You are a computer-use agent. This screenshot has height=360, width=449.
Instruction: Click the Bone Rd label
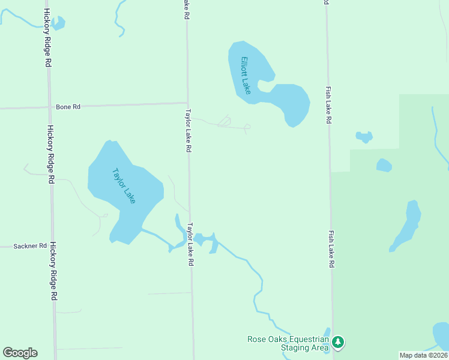[68, 107]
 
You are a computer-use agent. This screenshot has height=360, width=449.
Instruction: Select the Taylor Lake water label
[124, 185]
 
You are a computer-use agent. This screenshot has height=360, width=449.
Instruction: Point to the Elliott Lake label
[246, 75]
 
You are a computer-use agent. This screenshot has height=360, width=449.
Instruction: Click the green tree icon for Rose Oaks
[338, 342]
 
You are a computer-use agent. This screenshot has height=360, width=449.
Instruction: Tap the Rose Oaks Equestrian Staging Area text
[289, 343]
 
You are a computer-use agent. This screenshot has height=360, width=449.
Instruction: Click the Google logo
[20, 353]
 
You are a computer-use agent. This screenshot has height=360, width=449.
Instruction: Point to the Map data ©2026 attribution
[423, 355]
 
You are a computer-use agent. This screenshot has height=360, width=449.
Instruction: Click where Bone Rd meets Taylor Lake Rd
[187, 103]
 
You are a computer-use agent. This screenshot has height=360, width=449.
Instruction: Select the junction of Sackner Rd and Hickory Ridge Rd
[52, 246]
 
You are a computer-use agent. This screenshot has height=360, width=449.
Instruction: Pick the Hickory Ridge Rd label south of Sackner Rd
[53, 271]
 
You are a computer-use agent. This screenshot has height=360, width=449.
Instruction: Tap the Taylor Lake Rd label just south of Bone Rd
[188, 130]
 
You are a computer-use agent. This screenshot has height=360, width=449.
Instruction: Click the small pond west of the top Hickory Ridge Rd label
[58, 23]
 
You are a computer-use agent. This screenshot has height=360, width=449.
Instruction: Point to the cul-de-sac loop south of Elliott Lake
[247, 127]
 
